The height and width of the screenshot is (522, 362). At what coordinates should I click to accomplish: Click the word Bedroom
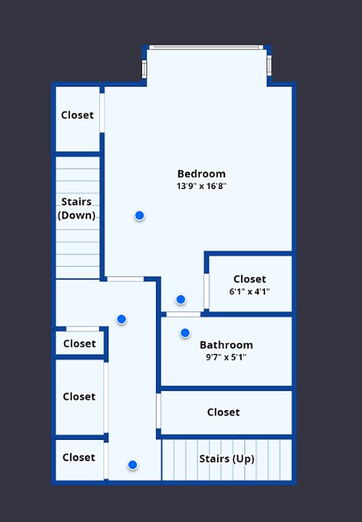point(202,174)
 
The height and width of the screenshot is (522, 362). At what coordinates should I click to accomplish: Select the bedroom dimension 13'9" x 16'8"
point(202,186)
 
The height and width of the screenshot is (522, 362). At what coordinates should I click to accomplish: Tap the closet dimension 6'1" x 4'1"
point(250,292)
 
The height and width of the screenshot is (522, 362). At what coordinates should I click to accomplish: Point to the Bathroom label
point(227,345)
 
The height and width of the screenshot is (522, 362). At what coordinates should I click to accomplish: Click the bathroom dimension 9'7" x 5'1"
point(227,357)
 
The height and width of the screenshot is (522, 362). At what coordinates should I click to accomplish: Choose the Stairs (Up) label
point(227,459)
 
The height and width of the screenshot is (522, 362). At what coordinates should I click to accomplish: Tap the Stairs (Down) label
point(76,209)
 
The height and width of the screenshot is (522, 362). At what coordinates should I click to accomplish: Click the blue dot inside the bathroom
point(185,333)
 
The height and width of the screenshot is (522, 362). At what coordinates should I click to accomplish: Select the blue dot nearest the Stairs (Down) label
point(139,216)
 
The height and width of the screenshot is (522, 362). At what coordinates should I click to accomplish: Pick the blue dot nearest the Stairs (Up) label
point(133,465)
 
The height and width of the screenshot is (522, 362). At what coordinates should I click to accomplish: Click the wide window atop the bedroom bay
point(206,47)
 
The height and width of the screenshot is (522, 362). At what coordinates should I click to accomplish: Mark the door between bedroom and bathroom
point(183,314)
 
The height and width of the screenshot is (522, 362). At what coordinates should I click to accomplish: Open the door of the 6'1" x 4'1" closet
point(207,292)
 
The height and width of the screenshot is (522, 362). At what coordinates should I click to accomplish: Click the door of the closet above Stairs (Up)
point(159,411)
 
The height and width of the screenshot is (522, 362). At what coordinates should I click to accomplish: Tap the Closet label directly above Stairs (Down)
point(77,115)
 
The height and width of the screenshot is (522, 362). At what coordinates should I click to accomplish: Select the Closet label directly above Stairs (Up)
point(223,412)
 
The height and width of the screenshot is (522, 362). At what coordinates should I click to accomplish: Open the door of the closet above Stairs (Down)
point(102,113)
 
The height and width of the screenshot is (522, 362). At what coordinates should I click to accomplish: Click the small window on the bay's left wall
point(144,69)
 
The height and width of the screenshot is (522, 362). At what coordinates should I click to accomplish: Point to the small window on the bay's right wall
point(269,65)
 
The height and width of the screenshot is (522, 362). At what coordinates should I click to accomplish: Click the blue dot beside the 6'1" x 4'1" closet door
point(181,300)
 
